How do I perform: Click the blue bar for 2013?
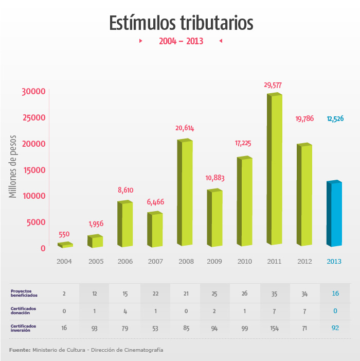coord(334,214)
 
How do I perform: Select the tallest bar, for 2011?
coord(275,170)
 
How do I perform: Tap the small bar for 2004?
coord(65,245)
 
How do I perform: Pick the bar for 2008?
coord(185,193)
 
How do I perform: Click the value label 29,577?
coord(273,85)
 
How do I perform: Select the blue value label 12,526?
coord(335,119)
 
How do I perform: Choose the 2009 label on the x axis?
coord(214,262)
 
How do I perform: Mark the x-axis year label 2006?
coord(125,262)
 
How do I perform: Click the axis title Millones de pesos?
coord(13,166)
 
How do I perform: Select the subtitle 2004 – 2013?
coord(181,41)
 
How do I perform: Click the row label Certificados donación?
coord(24,311)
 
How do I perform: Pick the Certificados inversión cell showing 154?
coord(274,328)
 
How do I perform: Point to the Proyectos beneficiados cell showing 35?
coord(274,294)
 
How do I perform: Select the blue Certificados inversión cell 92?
coord(335,328)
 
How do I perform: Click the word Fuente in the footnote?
coord(20,350)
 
